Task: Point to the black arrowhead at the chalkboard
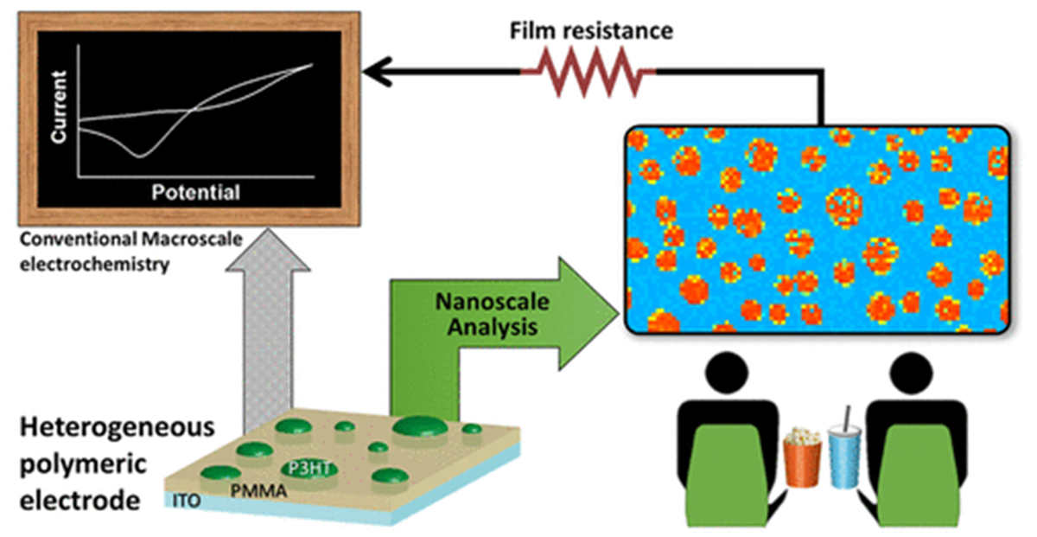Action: (373, 73)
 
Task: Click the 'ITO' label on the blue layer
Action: (183, 501)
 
